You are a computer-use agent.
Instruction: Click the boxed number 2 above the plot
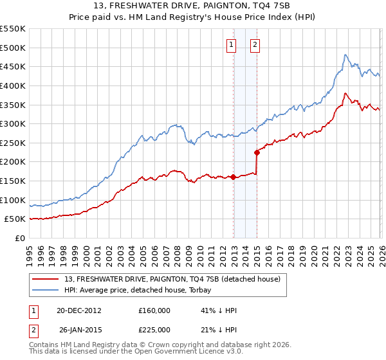(x=255, y=44)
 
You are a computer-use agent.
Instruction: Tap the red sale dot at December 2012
(x=234, y=177)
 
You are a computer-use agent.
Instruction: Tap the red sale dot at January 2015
(x=257, y=152)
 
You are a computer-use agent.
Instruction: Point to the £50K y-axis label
(x=15, y=219)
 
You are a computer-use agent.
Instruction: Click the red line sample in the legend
(x=45, y=280)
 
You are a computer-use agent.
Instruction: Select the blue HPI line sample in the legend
(x=45, y=291)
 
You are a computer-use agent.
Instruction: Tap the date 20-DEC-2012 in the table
(x=79, y=310)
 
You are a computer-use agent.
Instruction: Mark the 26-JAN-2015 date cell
(x=79, y=330)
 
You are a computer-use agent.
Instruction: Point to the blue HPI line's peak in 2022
(x=345, y=55)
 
